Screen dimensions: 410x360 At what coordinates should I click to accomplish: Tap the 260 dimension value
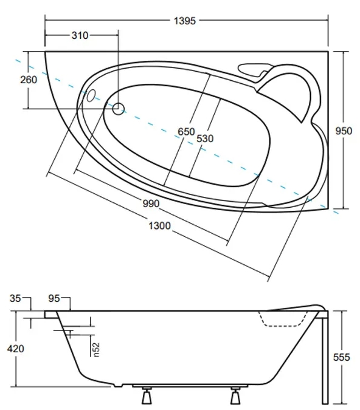pyautogui.click(x=29, y=80)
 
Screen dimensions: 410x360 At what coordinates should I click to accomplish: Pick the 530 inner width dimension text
pyautogui.click(x=205, y=138)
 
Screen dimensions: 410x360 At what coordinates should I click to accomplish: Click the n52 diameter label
pyautogui.click(x=96, y=350)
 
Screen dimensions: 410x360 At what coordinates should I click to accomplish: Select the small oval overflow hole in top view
pyautogui.click(x=92, y=95)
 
